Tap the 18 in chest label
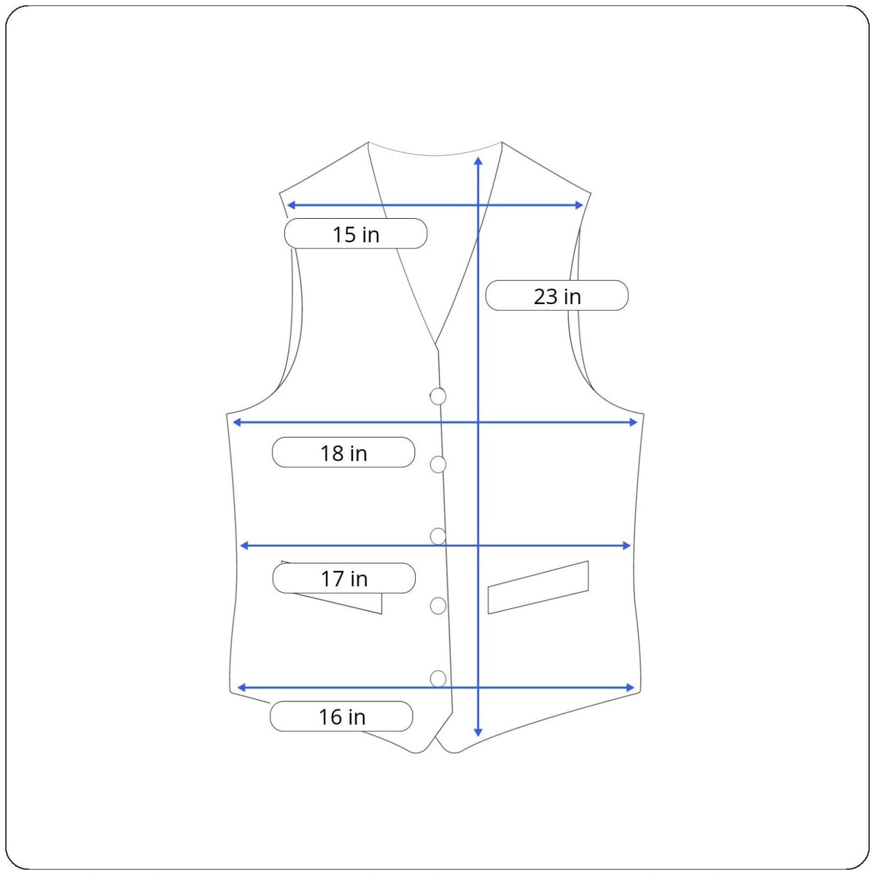tap(343, 452)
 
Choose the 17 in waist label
tap(343, 578)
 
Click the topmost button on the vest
tap(437, 397)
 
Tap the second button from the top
tap(437, 464)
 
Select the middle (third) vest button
tap(437, 536)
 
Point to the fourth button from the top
tap(437, 606)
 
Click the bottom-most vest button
tap(437, 679)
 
